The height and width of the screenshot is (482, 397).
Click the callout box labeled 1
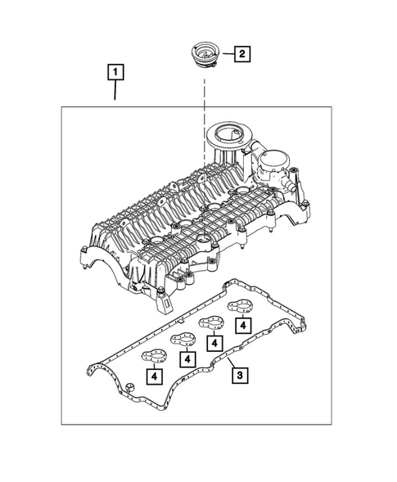tap(117, 73)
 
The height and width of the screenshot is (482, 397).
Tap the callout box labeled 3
tap(239, 376)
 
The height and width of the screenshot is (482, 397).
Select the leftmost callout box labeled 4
tap(153, 376)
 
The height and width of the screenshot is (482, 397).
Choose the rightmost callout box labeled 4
tap(243, 325)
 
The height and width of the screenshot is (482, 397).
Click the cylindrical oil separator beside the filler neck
tap(275, 164)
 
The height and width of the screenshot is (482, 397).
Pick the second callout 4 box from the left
tap(187, 358)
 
